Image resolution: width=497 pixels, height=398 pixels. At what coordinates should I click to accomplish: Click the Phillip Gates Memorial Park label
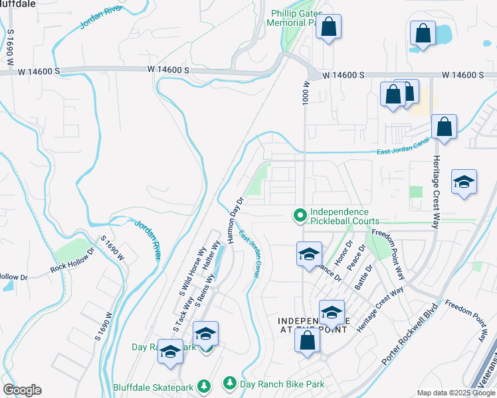coord(295,18)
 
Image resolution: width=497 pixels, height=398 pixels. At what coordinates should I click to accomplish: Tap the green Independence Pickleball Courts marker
coord(300,215)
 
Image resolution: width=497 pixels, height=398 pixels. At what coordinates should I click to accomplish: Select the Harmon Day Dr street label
coord(237,219)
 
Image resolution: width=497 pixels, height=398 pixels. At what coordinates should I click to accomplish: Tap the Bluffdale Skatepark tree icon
coord(205,385)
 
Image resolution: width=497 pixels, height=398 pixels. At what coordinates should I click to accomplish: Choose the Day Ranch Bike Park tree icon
coord(229,383)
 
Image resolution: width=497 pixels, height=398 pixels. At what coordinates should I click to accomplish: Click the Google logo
coord(22,390)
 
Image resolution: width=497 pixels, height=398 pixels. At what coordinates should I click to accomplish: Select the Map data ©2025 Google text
coord(456,393)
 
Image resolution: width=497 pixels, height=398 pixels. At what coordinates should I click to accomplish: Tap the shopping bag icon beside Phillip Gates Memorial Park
coord(328,27)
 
